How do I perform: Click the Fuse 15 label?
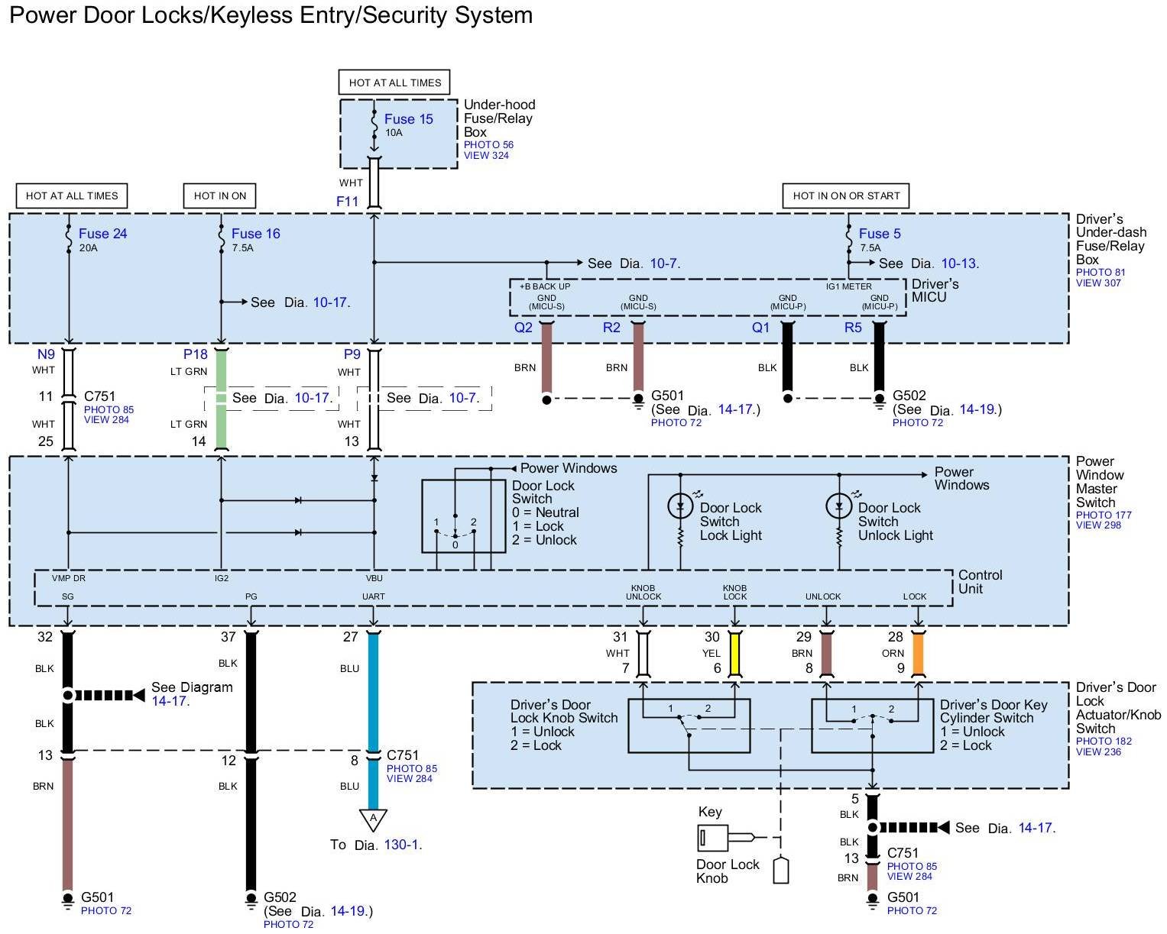click(408, 119)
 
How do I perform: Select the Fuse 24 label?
click(102, 234)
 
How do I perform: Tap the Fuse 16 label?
click(255, 234)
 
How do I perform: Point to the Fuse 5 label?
click(880, 234)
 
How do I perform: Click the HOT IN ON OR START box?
click(846, 196)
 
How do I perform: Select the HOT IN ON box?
click(220, 196)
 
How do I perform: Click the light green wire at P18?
click(222, 397)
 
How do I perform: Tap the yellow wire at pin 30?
click(735, 654)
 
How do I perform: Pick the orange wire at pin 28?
click(919, 654)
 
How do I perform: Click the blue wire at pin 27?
click(373, 687)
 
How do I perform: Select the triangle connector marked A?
click(373, 819)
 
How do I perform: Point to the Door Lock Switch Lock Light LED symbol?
click(679, 506)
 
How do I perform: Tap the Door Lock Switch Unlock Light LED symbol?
click(838, 506)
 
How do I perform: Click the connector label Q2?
click(523, 328)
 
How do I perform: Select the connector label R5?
click(853, 328)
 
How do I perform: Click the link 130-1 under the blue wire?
click(404, 845)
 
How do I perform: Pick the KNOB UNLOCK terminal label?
click(643, 592)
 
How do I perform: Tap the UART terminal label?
click(373, 596)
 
